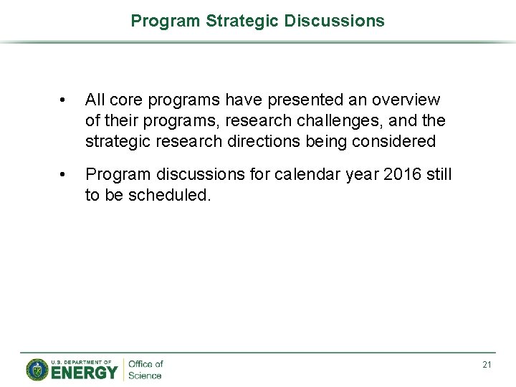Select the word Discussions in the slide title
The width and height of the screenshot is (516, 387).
(x=334, y=21)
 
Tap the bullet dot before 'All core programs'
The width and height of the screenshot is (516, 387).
(x=64, y=100)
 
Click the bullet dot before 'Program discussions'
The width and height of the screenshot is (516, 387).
(x=64, y=175)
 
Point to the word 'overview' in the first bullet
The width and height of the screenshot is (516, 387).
(x=406, y=100)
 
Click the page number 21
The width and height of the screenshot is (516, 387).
(x=487, y=365)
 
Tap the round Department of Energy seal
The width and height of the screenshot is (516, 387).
(x=37, y=369)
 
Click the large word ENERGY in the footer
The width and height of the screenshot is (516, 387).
(x=84, y=373)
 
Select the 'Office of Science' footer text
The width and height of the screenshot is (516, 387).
(x=145, y=370)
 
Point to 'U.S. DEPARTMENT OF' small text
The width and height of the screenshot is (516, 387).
(x=81, y=362)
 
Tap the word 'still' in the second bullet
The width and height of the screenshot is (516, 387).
(x=437, y=174)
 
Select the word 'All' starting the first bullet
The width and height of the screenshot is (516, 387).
(x=95, y=100)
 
